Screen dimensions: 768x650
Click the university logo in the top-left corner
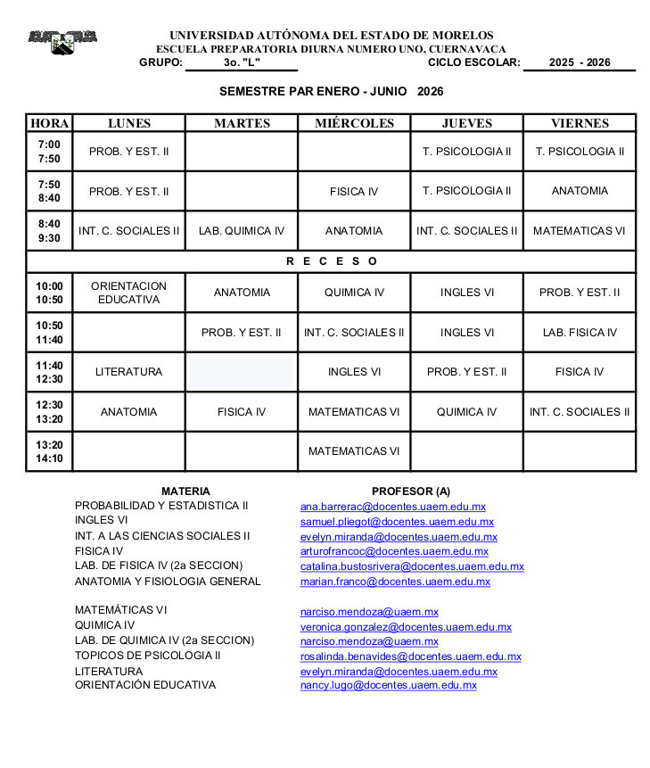pos(62,41)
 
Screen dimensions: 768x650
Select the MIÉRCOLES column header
pos(354,124)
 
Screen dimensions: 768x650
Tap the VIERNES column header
pos(580,124)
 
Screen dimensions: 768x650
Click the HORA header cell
pos(49,124)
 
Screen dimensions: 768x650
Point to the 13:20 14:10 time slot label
pos(49,451)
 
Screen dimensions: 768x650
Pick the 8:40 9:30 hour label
pos(49,231)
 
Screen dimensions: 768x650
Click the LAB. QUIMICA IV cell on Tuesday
pos(242,231)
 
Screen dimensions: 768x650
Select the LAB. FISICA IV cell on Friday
pos(580,333)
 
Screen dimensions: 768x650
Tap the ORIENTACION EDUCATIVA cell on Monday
pos(129,293)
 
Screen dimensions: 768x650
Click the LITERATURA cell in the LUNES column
pos(129,372)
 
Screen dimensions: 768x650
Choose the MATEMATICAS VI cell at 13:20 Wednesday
pos(354,451)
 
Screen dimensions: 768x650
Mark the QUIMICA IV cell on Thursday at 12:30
pos(466,412)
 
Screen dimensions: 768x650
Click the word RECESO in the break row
pos(332,261)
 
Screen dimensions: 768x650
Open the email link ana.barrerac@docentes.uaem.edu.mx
pos(392,506)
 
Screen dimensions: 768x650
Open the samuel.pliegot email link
pos(397,522)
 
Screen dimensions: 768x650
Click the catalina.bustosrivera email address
pos(412,566)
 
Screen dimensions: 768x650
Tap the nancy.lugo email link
pos(388,685)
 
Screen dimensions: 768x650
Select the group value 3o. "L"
pos(242,62)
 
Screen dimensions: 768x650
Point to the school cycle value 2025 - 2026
pos(580,62)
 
